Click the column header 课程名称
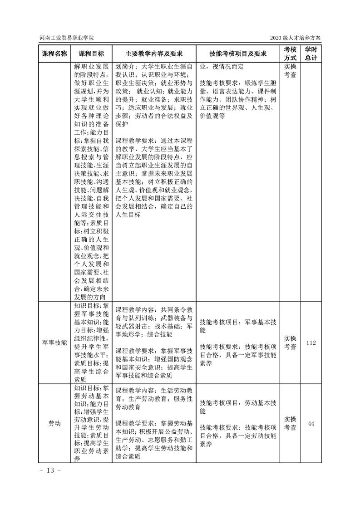(x=54, y=54)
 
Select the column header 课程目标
(x=91, y=54)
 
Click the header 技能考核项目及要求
(x=237, y=54)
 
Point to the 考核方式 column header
(x=290, y=54)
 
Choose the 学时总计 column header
(x=311, y=54)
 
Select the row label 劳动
(x=54, y=423)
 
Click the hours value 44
(x=311, y=423)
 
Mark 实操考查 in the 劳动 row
(x=290, y=423)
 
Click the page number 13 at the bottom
(x=50, y=470)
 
